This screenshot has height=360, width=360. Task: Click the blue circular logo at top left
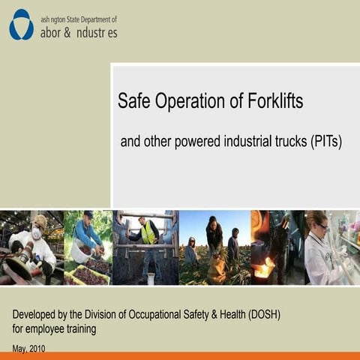tap(21, 24)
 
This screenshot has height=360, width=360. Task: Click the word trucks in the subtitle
tap(286, 142)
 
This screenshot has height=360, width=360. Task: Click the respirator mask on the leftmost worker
tap(35, 233)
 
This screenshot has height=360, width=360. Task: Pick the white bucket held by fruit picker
tap(79, 252)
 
